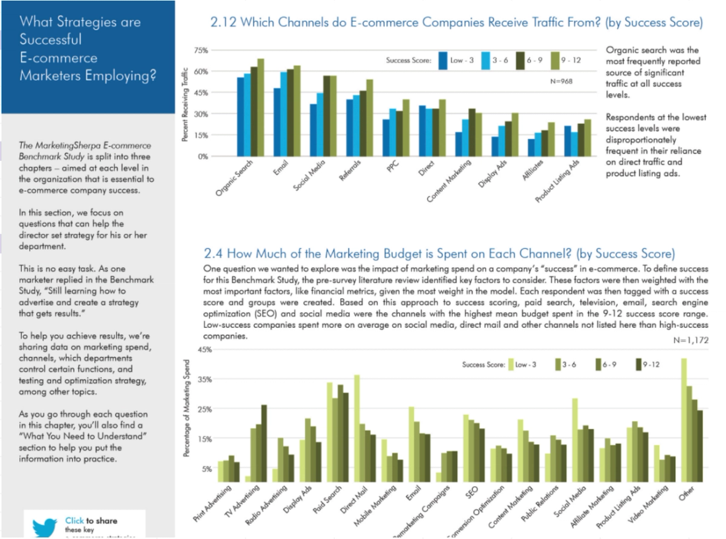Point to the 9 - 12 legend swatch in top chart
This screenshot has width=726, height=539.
tap(554, 60)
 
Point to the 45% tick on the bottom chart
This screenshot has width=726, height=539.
tap(203, 350)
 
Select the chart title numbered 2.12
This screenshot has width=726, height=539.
tap(455, 23)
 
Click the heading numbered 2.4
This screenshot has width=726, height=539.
tap(438, 253)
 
